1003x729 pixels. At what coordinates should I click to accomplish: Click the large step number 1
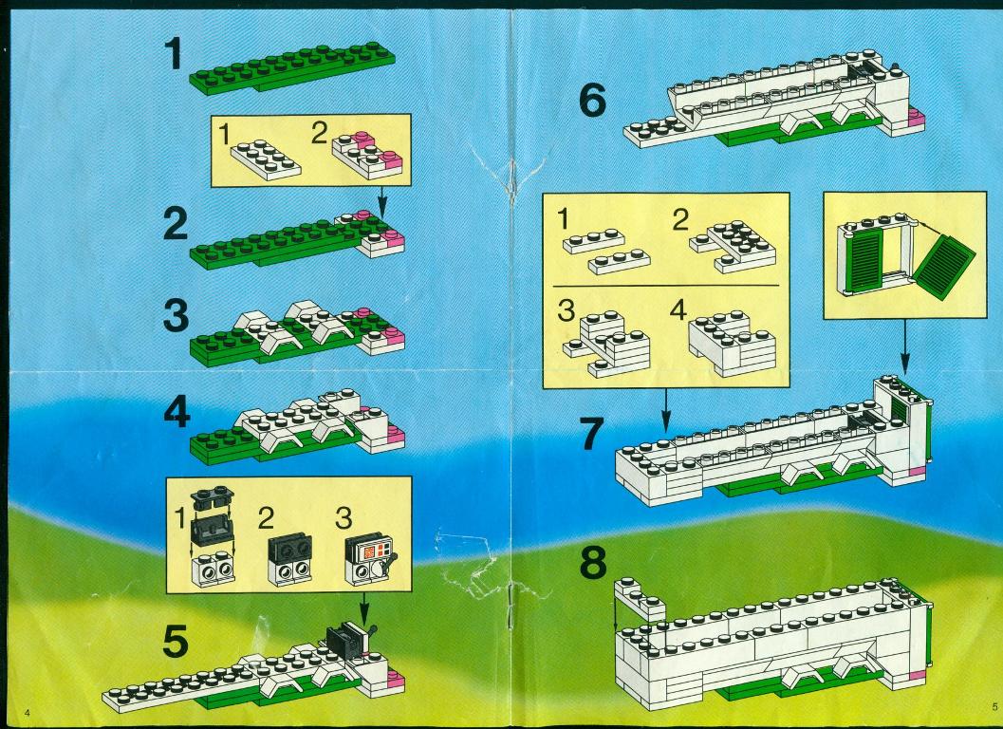[174, 53]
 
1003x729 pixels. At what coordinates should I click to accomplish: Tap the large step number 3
[176, 315]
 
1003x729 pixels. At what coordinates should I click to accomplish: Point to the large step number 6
[592, 101]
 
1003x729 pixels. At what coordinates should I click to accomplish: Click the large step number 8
[593, 563]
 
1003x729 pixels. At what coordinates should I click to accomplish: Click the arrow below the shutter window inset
[904, 346]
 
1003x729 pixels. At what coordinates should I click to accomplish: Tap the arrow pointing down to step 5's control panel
[364, 609]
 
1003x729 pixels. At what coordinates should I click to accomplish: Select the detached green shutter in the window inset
[943, 267]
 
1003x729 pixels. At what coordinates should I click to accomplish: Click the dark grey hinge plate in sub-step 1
[213, 495]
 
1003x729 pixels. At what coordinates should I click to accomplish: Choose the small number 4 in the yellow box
[678, 310]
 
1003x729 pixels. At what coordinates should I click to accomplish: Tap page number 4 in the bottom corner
[27, 712]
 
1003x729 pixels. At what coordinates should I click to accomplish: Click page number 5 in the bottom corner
[994, 706]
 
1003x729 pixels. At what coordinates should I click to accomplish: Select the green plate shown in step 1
[291, 67]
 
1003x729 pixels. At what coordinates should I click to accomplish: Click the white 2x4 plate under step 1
[266, 160]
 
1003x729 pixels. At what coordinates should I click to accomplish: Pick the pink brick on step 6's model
[916, 118]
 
